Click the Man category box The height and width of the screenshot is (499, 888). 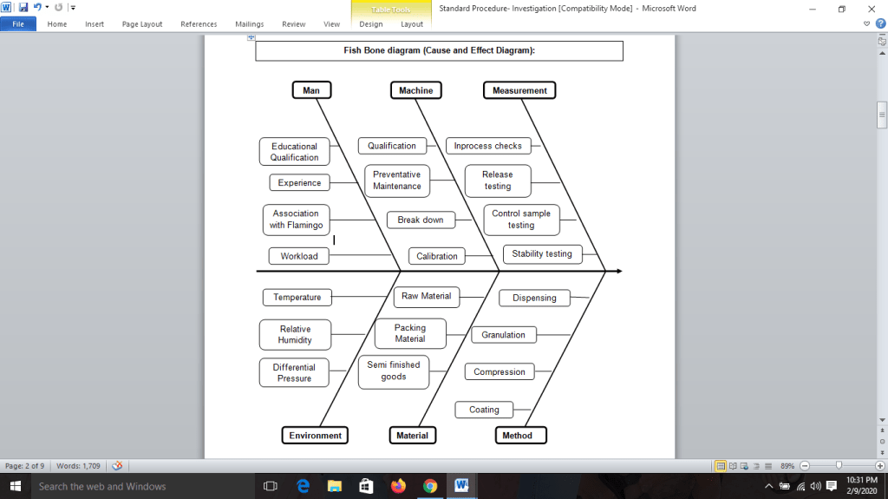(x=311, y=90)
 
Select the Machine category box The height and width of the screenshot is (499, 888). (x=416, y=90)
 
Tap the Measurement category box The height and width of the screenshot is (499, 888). (x=519, y=90)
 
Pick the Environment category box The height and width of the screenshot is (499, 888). (x=316, y=435)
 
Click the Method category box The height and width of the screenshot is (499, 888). (x=518, y=435)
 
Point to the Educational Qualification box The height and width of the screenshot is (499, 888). (x=295, y=152)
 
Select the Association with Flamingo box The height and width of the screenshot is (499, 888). (x=296, y=220)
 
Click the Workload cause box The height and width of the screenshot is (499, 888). (x=299, y=256)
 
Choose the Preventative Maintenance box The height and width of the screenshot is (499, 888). (x=397, y=181)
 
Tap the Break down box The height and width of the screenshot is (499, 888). (x=421, y=220)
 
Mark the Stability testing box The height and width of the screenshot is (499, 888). (x=542, y=254)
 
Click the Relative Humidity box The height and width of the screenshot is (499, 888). (x=295, y=334)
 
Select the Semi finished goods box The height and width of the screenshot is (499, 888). (x=394, y=371)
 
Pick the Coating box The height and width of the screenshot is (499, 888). (x=484, y=410)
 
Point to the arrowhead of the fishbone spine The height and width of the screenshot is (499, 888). (x=618, y=272)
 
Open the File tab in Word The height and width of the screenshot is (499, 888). (x=18, y=24)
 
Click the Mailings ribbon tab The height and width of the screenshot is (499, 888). (x=249, y=24)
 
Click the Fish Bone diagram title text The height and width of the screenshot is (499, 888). (x=439, y=51)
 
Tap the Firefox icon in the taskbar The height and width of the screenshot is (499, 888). (x=398, y=486)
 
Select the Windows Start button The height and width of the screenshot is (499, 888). (x=15, y=486)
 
